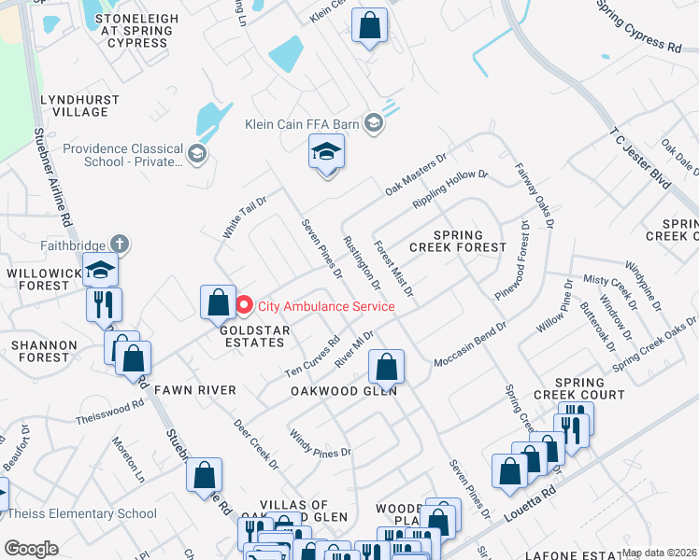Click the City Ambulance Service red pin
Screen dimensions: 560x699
[x=245, y=305]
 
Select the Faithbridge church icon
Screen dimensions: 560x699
[x=119, y=244]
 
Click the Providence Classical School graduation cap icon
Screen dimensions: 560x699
[x=196, y=153]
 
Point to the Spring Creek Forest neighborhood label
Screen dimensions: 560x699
[x=457, y=242]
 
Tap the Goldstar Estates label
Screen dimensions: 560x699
[x=252, y=337]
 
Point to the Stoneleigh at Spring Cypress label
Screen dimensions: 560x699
[x=136, y=31]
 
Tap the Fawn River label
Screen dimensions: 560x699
[x=194, y=388]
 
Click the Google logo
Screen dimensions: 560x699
[x=31, y=549]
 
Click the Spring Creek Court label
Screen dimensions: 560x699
[x=589, y=388]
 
